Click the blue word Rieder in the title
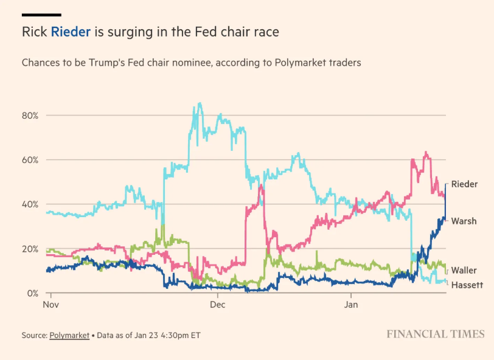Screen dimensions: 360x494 pos(71,32)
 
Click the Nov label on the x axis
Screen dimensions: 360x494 pos(50,304)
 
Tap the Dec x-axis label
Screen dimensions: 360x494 pos(218,304)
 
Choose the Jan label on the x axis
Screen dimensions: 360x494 pos(352,304)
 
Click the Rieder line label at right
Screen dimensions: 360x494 pos(464,184)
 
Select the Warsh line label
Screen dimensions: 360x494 pos(464,221)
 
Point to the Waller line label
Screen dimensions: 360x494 pos(464,270)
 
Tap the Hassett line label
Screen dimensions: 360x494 pos(467,285)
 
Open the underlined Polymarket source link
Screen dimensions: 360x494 pos(69,335)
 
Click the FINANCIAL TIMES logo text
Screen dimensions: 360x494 pos(436,334)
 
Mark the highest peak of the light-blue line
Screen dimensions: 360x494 pos(200,103)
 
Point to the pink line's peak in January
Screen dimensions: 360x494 pos(425,153)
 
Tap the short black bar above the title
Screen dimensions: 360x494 pos(41,14)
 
